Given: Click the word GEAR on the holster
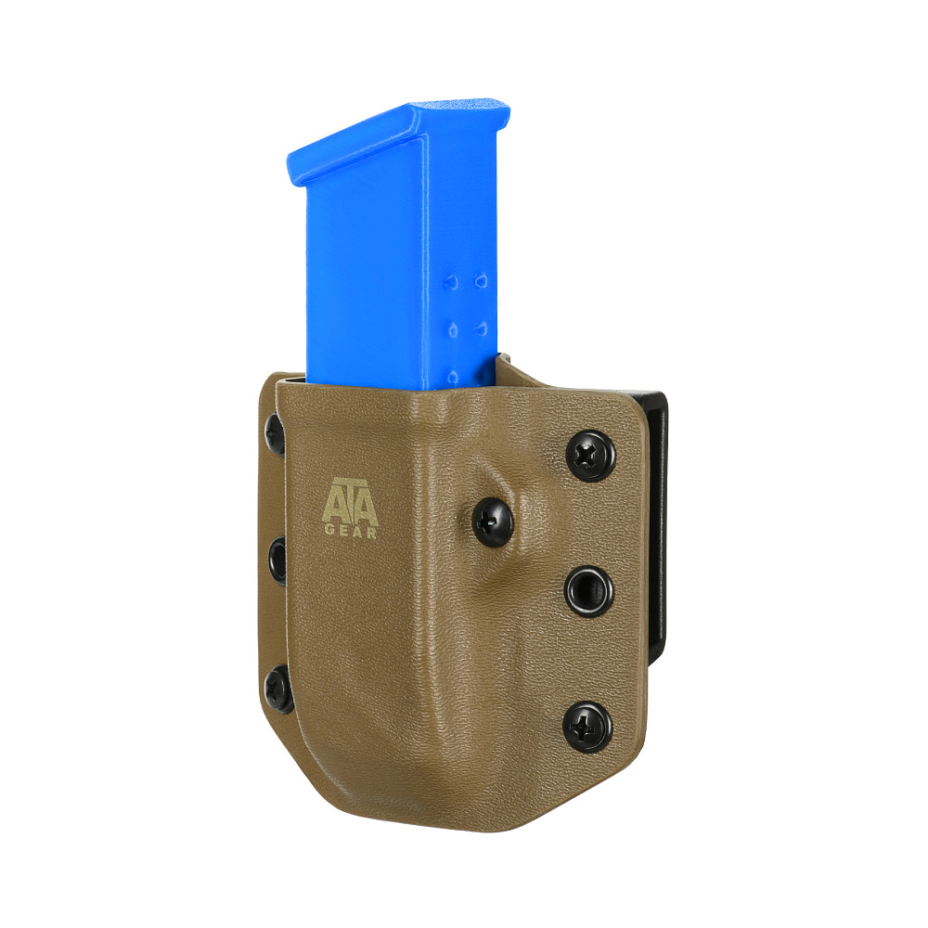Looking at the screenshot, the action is (351, 532).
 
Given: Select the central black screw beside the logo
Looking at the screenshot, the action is (493, 522).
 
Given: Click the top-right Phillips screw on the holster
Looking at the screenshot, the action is (590, 455).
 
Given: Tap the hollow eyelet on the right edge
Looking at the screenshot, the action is (588, 591).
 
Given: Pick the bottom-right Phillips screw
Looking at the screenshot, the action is (587, 728).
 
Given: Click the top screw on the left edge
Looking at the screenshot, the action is (275, 433).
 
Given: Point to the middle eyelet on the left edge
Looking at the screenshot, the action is (277, 561).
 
